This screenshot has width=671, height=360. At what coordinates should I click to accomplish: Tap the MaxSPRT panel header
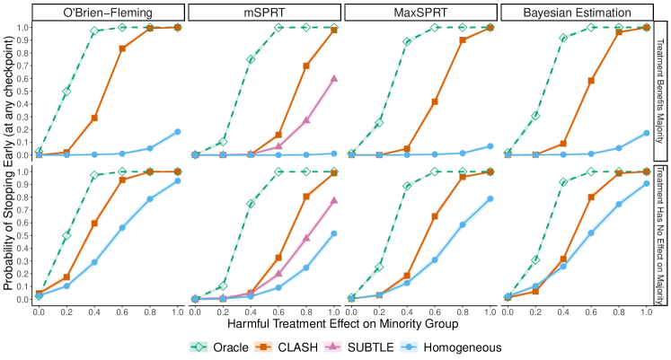pyautogui.click(x=420, y=12)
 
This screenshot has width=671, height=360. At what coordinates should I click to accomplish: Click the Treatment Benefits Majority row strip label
pyautogui.click(x=661, y=91)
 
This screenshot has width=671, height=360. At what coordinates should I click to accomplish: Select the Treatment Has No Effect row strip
pyautogui.click(x=661, y=235)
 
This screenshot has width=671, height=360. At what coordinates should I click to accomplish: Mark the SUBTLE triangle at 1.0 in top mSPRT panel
pyautogui.click(x=334, y=78)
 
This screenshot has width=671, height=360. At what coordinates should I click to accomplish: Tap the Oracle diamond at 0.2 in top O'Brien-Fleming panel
pyautogui.click(x=66, y=92)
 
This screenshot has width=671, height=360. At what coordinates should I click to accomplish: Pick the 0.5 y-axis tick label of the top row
pyautogui.click(x=24, y=92)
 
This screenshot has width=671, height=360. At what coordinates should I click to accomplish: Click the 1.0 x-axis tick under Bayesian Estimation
pyautogui.click(x=645, y=311)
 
